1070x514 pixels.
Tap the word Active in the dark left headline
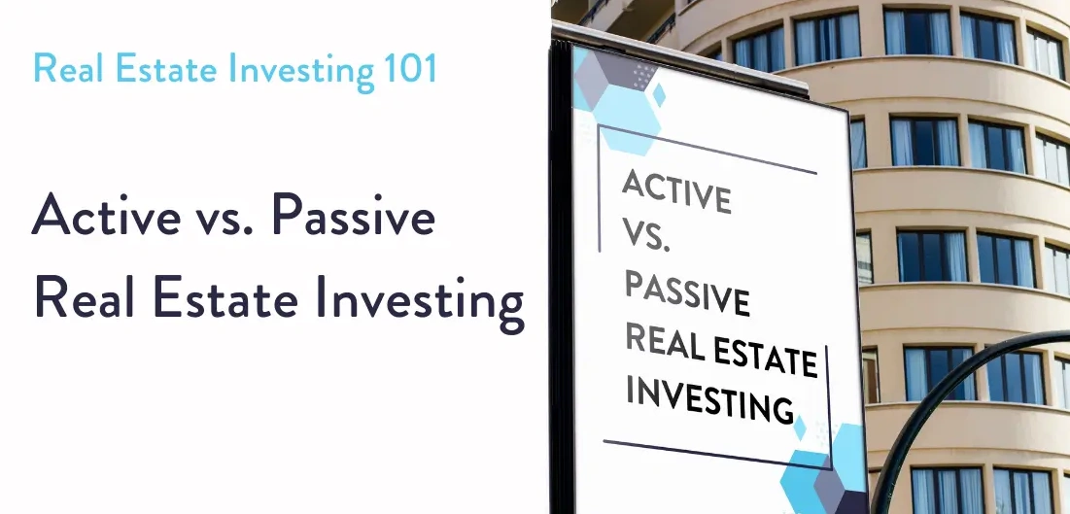106,216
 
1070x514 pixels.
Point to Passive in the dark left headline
352,216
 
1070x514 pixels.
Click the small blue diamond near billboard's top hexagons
659,94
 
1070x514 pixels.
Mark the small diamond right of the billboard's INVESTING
799,427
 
